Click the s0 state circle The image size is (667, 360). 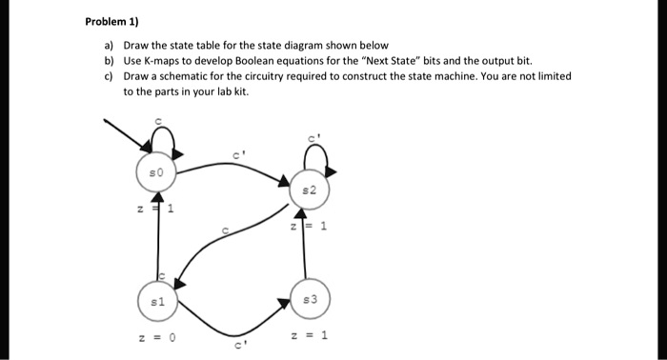[159, 174]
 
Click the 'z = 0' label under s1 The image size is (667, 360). [159, 335]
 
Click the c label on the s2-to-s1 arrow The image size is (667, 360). [226, 230]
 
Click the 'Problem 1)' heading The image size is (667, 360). [112, 21]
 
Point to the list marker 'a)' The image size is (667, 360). [110, 45]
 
